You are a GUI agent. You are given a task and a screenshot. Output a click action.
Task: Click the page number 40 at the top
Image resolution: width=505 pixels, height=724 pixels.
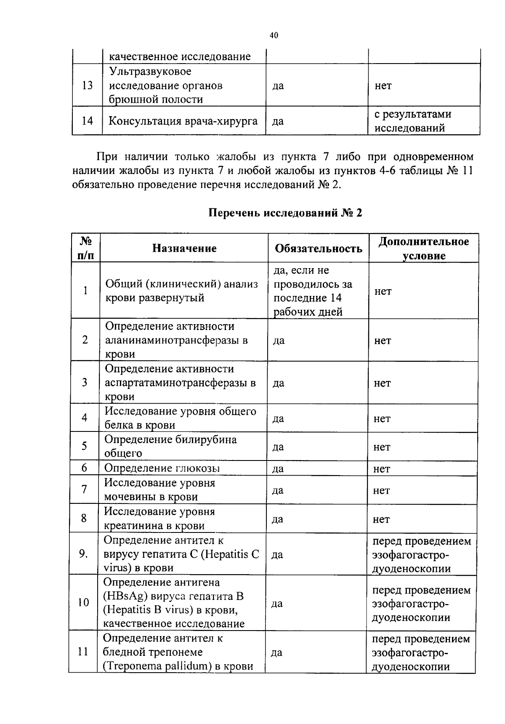[x=274, y=36]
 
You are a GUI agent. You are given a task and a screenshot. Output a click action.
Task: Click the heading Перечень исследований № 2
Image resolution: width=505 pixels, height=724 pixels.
[x=285, y=213]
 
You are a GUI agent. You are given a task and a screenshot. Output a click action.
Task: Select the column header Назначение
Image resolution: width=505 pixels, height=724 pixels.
[x=184, y=248]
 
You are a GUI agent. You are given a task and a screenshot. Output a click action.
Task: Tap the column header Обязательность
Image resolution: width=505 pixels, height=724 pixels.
[x=319, y=248]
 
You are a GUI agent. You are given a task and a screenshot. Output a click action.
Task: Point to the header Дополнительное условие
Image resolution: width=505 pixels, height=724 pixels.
[x=423, y=248]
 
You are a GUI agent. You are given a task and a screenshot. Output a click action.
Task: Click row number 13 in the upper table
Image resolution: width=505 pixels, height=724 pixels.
[x=87, y=86]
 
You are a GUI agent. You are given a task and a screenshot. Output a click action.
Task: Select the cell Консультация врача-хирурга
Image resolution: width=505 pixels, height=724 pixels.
[x=183, y=121]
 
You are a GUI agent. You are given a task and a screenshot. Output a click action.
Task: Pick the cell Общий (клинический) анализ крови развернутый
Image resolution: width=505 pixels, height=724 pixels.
[x=181, y=291]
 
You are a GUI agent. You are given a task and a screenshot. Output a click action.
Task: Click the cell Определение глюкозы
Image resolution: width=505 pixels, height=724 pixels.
[x=162, y=468]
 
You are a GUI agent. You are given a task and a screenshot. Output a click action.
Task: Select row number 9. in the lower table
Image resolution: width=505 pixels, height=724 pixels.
[x=84, y=554]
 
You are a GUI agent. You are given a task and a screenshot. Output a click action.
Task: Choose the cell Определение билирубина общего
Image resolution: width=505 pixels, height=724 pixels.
[x=170, y=446]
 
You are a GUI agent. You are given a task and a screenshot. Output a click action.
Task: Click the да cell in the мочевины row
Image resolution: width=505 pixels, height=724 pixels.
[x=278, y=490]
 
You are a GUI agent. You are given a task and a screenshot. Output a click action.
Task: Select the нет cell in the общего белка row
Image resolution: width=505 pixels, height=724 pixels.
[x=382, y=418]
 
